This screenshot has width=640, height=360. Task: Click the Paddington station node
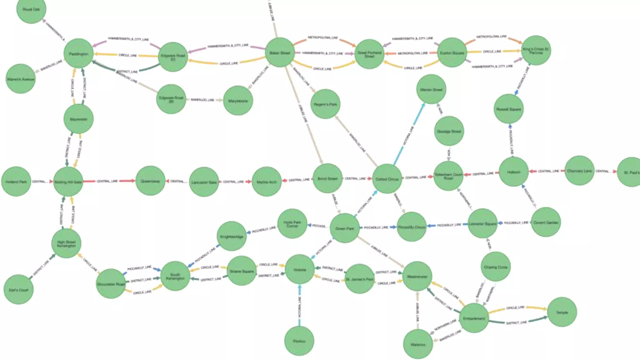(x=78, y=53)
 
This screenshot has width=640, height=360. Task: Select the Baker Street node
(x=280, y=52)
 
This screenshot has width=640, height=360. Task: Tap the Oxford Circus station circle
(x=387, y=179)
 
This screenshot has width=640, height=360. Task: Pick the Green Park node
(x=345, y=228)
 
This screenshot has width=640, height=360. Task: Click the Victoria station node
(x=300, y=269)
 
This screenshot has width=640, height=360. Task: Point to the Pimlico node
(x=299, y=341)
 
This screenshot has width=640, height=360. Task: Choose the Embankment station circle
(x=474, y=318)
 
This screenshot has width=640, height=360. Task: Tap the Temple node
(x=562, y=312)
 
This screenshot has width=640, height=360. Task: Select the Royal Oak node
(x=31, y=9)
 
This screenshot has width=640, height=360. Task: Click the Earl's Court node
(x=18, y=290)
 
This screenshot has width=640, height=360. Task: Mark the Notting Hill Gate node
(x=68, y=182)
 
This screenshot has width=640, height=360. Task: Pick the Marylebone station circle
(x=238, y=101)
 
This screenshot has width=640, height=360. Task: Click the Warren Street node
(x=431, y=89)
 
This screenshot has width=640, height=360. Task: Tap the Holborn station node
(x=513, y=172)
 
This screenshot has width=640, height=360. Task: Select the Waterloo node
(x=418, y=344)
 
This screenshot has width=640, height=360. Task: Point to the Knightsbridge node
(x=232, y=236)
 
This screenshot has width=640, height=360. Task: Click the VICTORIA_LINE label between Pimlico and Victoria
(x=299, y=307)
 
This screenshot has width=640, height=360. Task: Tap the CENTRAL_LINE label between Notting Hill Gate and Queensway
(x=107, y=181)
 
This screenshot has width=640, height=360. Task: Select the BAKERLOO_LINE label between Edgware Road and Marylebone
(x=202, y=100)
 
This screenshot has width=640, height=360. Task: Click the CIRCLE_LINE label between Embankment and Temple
(x=516, y=308)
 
